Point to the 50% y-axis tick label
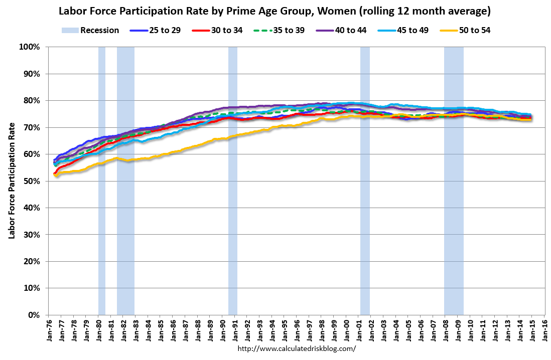tap(31, 181)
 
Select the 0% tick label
tap(33, 315)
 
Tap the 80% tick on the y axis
tap(31, 101)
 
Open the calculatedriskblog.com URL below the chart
tap(296, 348)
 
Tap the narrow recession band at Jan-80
tap(101, 181)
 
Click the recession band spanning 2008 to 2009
tap(454, 181)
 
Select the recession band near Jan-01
tap(365, 181)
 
